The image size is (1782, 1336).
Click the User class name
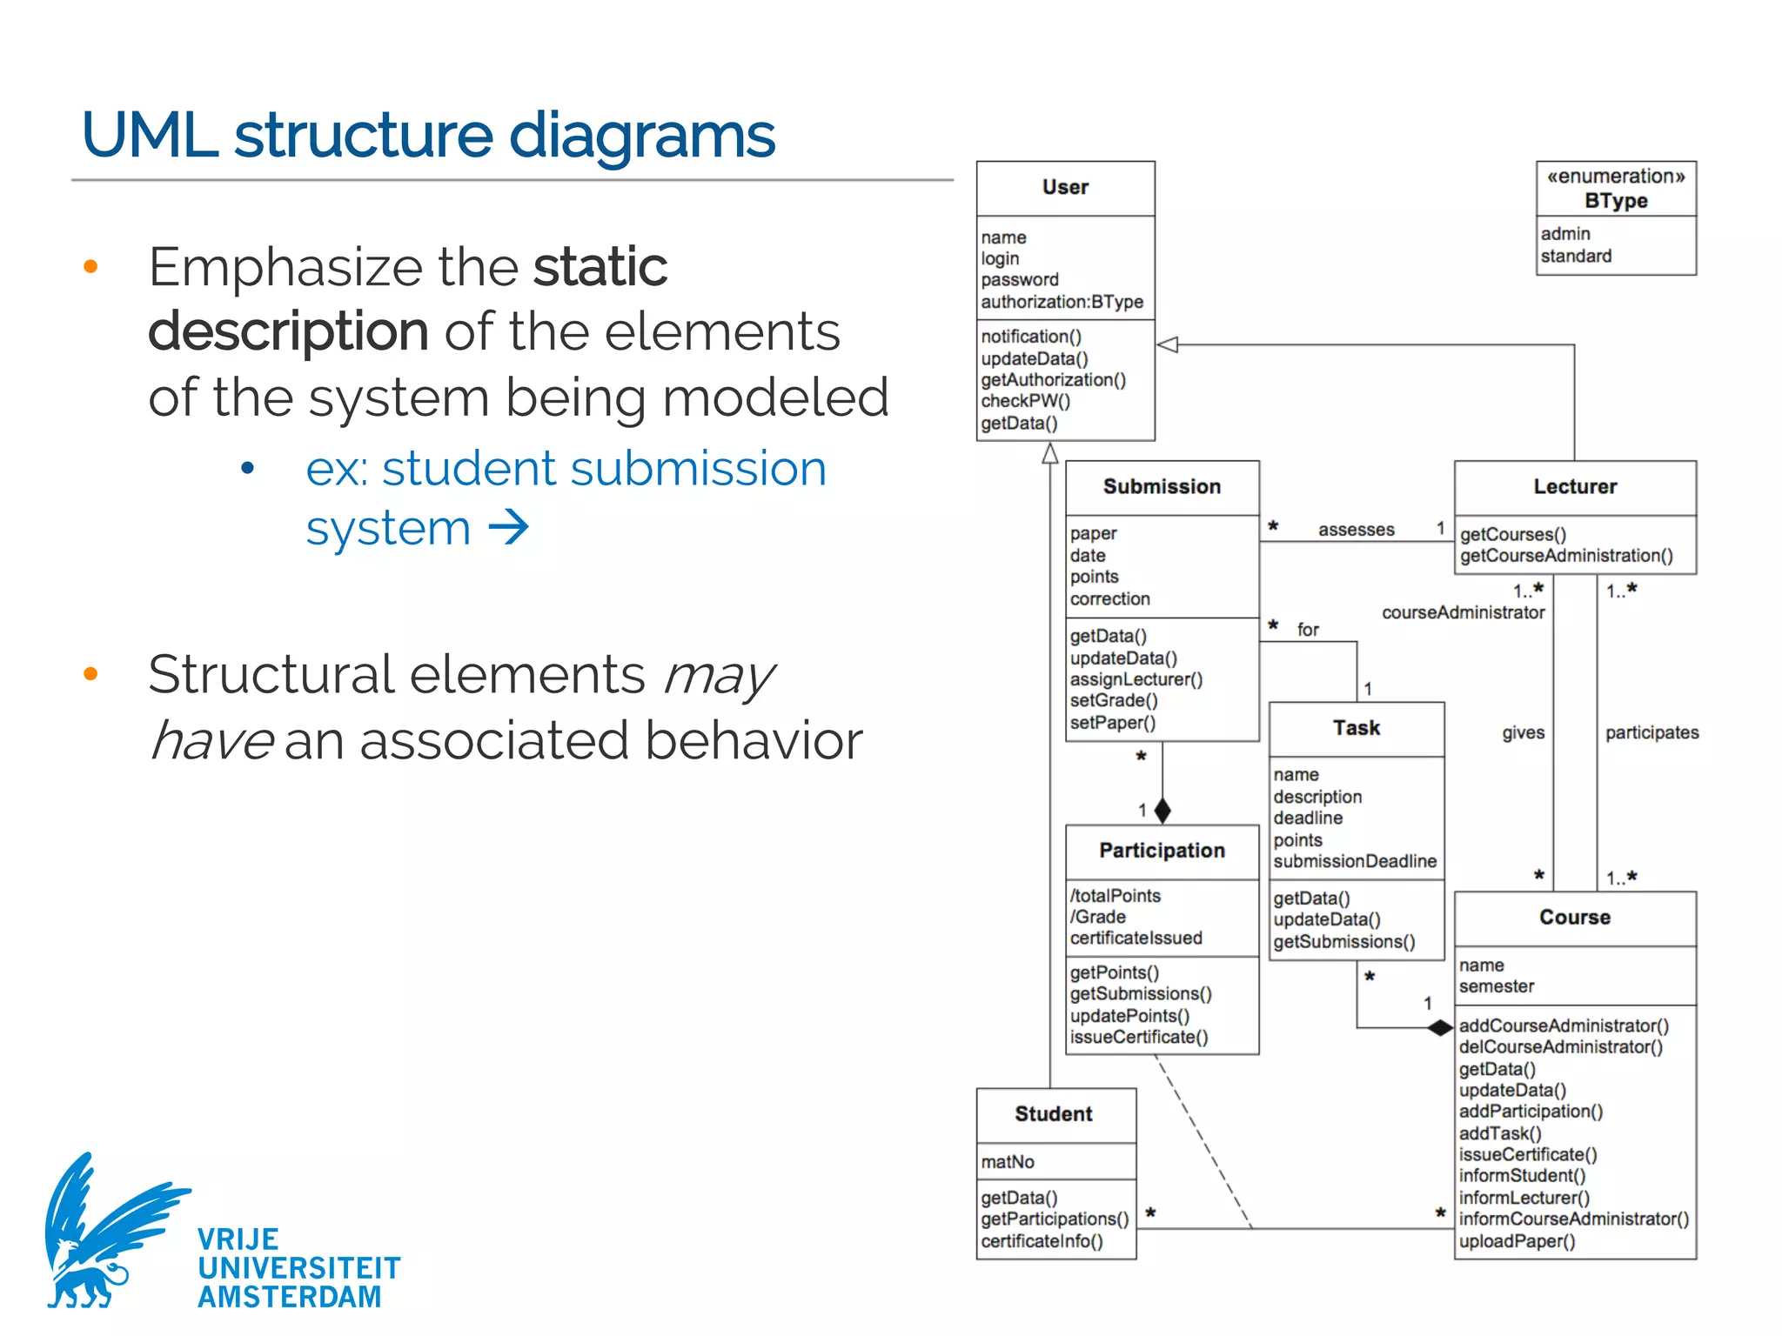tap(1065, 187)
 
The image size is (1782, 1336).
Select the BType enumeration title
tap(1616, 201)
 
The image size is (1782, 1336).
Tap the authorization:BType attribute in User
tap(1062, 302)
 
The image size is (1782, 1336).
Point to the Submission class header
tap(1162, 487)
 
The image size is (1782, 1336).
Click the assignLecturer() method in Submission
tap(1136, 679)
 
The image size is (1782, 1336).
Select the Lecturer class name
tap(1575, 487)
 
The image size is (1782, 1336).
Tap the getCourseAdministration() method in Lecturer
tap(1566, 556)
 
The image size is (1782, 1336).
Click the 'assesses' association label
tap(1356, 530)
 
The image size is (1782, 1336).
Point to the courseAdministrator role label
tap(1463, 612)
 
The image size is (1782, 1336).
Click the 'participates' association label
tap(1651, 733)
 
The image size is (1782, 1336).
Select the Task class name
tap(1357, 728)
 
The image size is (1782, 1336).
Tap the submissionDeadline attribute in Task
tap(1355, 861)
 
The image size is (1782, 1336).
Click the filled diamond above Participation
tap(1162, 811)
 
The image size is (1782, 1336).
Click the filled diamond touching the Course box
tap(1440, 1028)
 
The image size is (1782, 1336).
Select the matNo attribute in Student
tap(1008, 1162)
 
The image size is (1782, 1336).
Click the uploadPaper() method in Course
tap(1517, 1241)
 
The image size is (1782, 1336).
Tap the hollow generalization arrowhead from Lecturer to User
tap(1168, 345)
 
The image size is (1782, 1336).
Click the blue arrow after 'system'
tap(509, 527)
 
